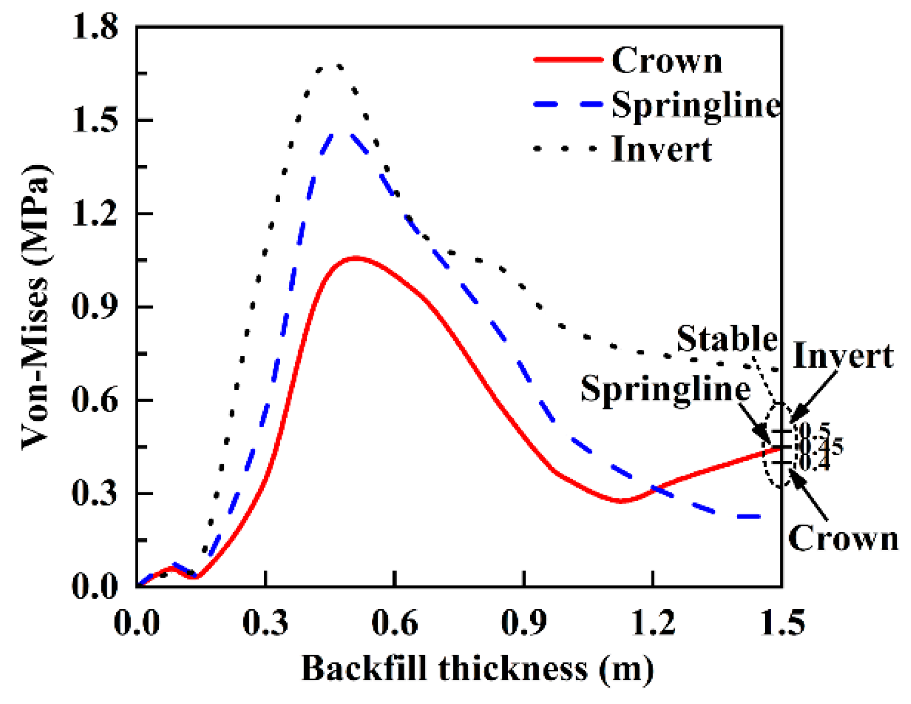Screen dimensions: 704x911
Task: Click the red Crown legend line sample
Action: pos(567,60)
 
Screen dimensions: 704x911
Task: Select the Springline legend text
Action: pos(696,104)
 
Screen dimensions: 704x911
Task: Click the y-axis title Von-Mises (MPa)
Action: pos(36,306)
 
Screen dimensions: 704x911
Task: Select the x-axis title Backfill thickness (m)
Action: pos(477,668)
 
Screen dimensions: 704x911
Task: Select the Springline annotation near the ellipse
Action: pos(665,388)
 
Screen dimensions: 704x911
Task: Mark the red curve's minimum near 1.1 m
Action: pos(621,501)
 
